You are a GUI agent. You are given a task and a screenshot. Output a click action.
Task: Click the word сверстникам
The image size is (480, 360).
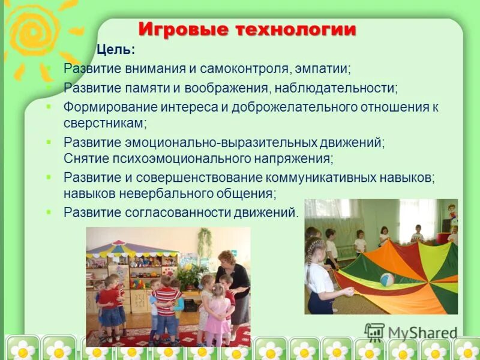103,122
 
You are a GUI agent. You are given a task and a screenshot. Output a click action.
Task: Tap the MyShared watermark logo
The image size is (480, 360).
410,332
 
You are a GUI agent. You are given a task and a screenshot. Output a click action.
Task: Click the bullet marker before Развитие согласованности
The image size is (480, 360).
49,212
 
